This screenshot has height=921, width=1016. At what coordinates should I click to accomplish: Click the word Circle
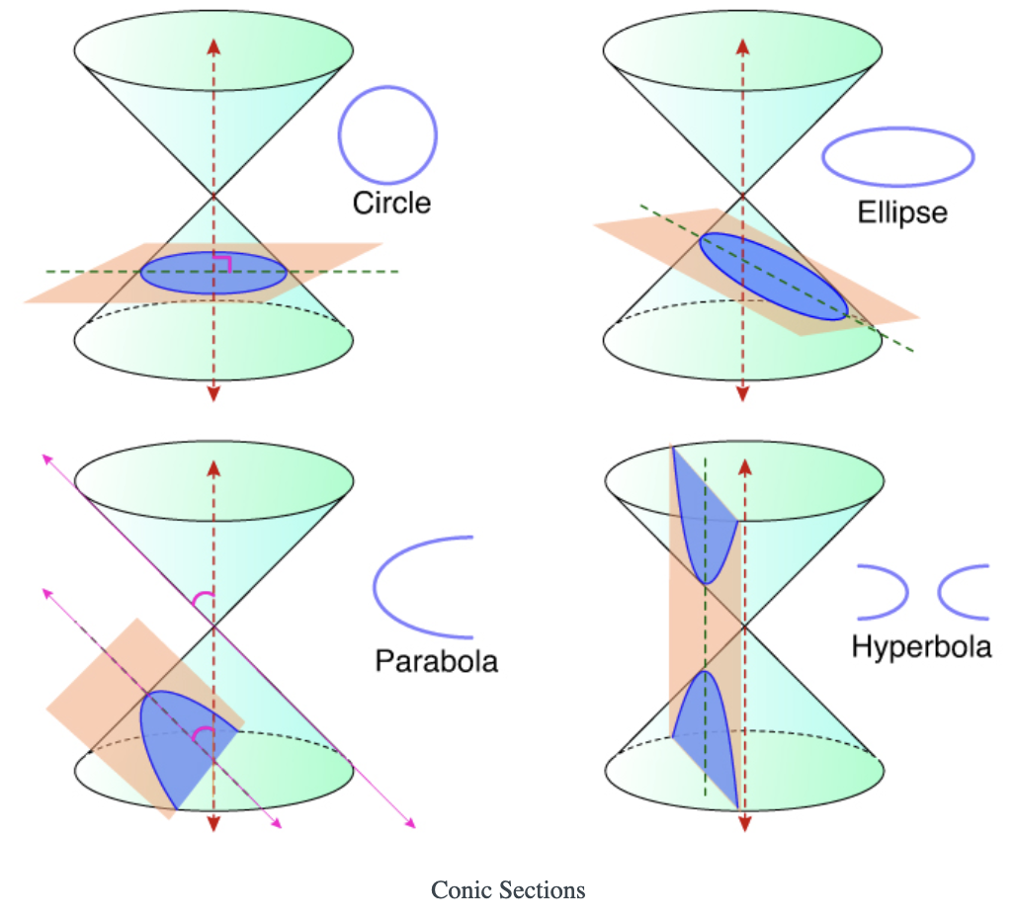click(391, 203)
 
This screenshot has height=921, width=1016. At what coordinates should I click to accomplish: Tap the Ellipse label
click(903, 212)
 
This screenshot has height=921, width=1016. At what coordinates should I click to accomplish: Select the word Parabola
click(436, 660)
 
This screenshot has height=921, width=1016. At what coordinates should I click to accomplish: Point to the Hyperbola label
click(921, 647)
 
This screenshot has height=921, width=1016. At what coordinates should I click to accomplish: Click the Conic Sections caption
click(508, 890)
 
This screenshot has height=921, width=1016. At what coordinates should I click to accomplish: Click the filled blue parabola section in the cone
click(183, 741)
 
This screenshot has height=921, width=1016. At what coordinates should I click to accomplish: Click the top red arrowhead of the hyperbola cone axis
click(744, 465)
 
